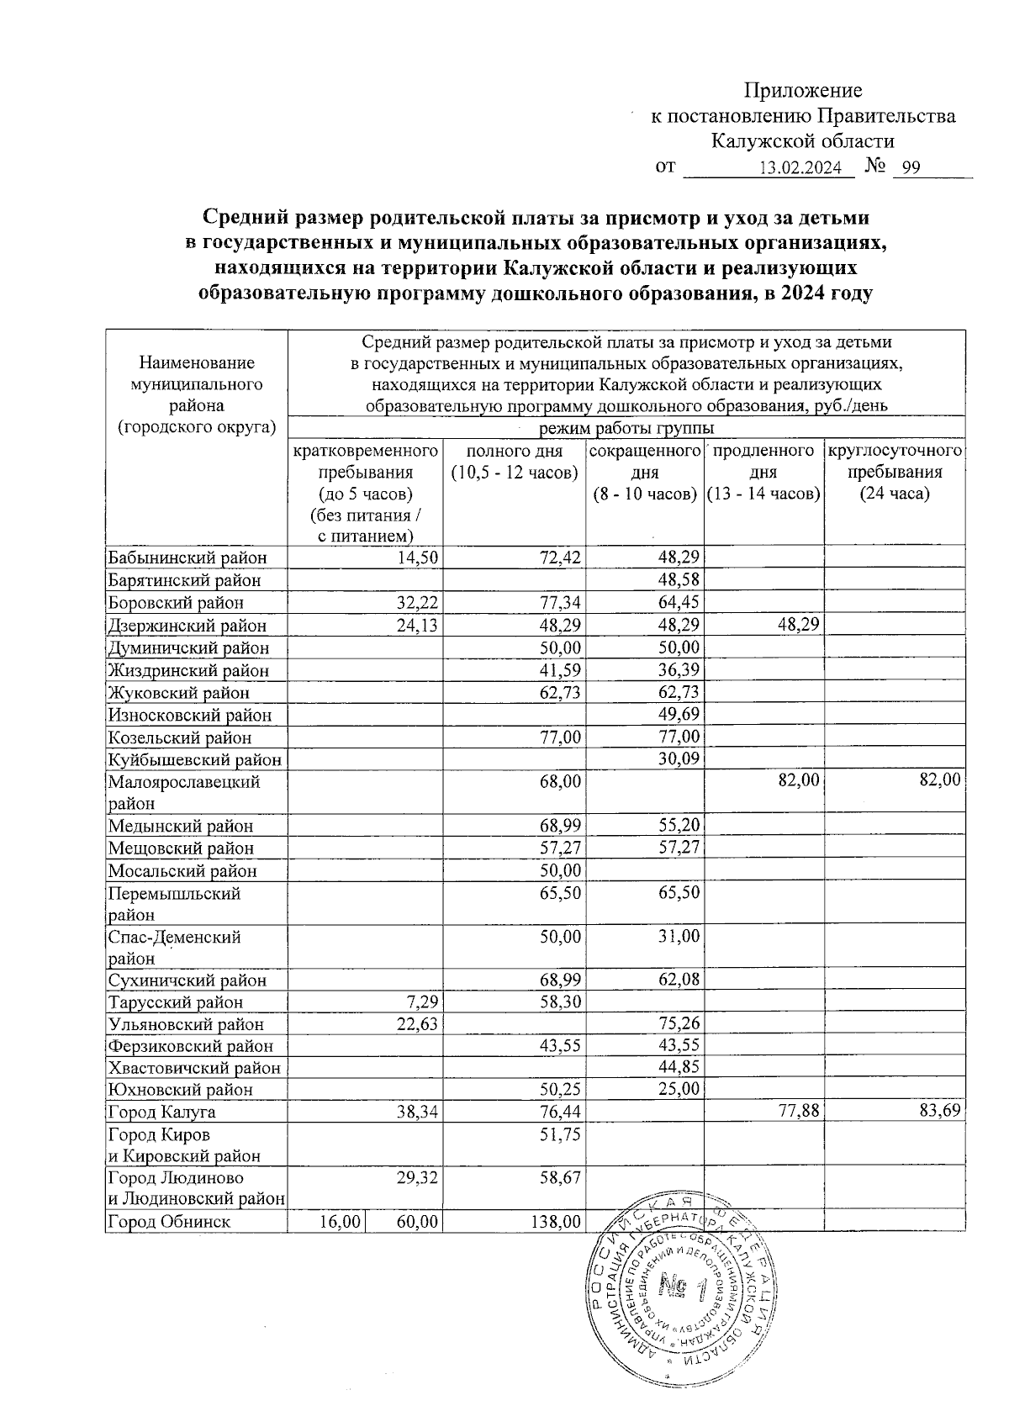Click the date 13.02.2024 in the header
click(x=800, y=167)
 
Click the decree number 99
click(x=907, y=167)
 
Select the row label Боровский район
click(x=176, y=603)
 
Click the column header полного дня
click(x=514, y=462)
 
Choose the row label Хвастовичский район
click(x=194, y=1068)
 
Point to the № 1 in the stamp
click(x=679, y=1287)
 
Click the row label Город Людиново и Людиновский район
click(x=194, y=1188)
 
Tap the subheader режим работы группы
click(x=626, y=428)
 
